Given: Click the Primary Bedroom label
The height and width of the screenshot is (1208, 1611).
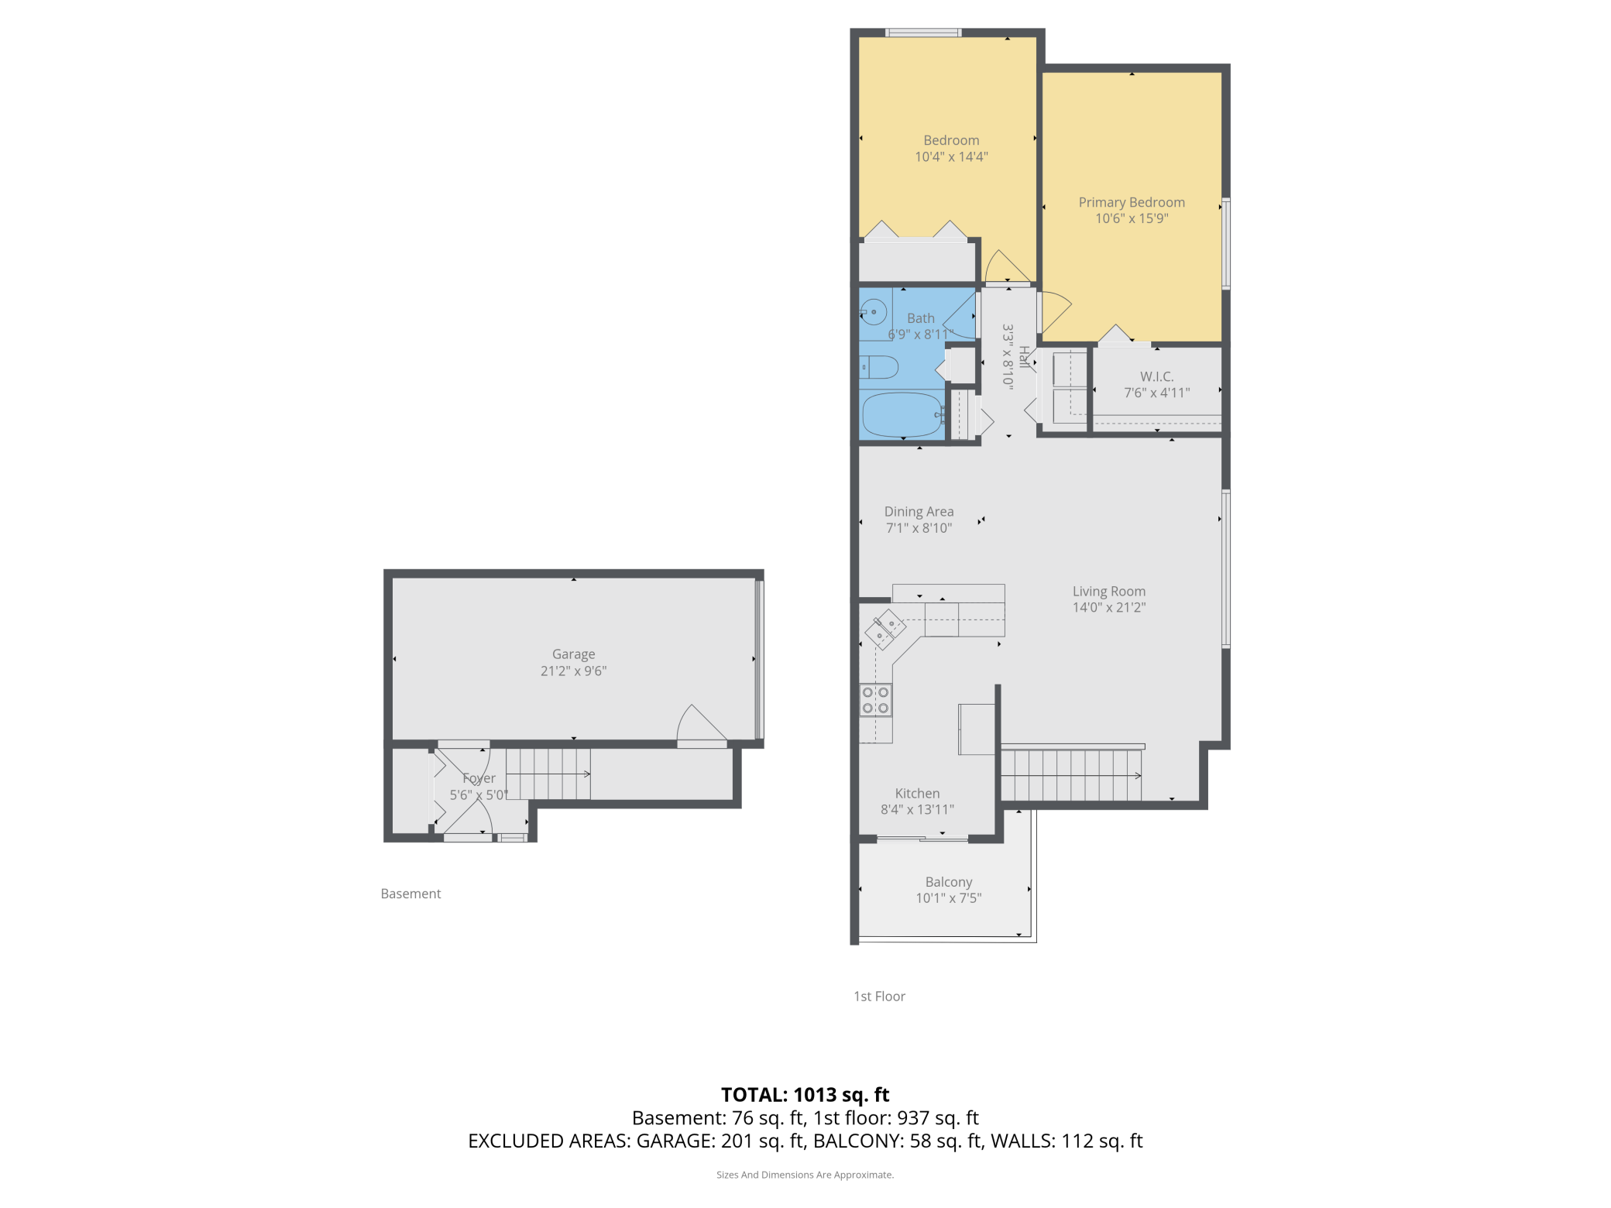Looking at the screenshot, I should click(x=1131, y=202).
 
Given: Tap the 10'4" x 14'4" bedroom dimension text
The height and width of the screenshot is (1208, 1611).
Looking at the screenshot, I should click(x=951, y=157).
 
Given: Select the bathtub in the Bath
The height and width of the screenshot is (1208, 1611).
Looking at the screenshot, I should click(x=901, y=414).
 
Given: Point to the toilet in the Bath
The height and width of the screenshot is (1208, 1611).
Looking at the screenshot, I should click(x=880, y=367).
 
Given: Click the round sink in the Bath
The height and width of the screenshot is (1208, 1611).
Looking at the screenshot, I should click(x=874, y=312).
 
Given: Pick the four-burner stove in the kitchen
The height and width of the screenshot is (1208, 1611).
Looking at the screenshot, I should click(x=875, y=700).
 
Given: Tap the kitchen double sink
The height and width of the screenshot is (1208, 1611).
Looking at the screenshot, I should click(x=885, y=629).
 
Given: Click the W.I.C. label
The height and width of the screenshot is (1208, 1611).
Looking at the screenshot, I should click(x=1156, y=376).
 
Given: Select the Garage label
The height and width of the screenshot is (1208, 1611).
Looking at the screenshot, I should click(x=573, y=654).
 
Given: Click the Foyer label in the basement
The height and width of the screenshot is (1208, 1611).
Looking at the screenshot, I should click(x=479, y=778).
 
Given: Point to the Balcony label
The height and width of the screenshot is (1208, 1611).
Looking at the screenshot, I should click(x=948, y=882).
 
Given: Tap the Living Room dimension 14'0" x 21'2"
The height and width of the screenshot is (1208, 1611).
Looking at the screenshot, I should click(x=1108, y=608).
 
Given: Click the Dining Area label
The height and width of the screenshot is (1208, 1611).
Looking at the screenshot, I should click(x=919, y=512).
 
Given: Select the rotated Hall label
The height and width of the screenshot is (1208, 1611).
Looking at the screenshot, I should click(x=1024, y=357).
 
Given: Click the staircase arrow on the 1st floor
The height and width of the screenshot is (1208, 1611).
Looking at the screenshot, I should click(x=1137, y=775).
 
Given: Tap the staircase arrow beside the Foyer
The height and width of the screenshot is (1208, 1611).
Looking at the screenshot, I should click(x=586, y=774).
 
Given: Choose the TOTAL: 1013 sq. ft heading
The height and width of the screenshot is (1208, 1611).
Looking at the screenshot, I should click(x=805, y=1094).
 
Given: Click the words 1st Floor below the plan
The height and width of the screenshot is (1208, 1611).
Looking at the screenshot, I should click(x=879, y=997).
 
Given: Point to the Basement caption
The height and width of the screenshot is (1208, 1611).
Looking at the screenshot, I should click(x=410, y=894).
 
